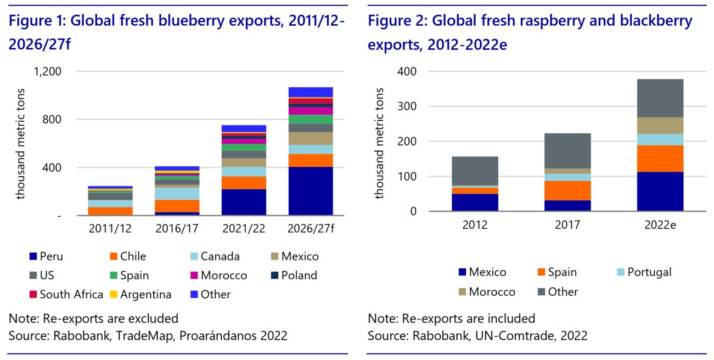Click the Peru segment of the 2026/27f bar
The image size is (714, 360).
click(x=311, y=191)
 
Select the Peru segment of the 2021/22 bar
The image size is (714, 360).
click(x=244, y=203)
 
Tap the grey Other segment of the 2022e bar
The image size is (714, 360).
click(x=660, y=98)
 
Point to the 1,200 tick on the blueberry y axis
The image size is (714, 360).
click(x=49, y=71)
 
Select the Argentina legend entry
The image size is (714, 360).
click(x=141, y=295)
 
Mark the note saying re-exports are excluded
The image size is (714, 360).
click(x=93, y=319)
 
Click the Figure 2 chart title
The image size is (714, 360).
click(x=530, y=32)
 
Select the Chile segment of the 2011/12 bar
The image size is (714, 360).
click(x=110, y=211)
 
